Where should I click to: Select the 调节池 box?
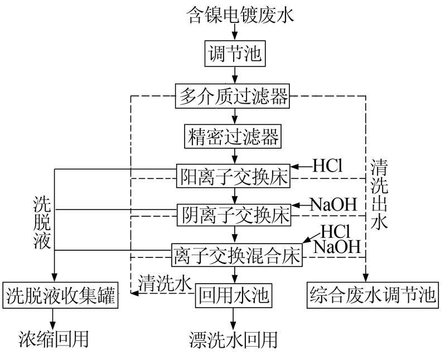(x=234, y=55)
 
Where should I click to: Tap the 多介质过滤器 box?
(x=234, y=96)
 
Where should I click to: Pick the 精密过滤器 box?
(x=234, y=135)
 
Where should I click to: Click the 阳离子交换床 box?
(x=234, y=177)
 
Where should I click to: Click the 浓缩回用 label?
(x=54, y=338)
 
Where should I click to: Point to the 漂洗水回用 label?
(x=234, y=339)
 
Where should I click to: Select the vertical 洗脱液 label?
(x=42, y=223)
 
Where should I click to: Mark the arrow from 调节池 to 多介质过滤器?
(x=234, y=76)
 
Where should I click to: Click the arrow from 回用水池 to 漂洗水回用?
(x=234, y=319)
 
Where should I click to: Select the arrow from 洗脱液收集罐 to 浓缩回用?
(x=54, y=319)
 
